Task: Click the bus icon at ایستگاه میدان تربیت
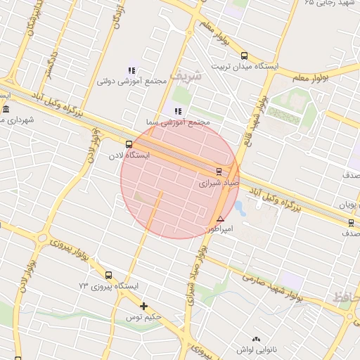pyautogui.click(x=244, y=56)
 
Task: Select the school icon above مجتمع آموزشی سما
pyautogui.click(x=177, y=111)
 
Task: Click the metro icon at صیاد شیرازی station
pyautogui.click(x=219, y=171)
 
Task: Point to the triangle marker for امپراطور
pyautogui.click(x=221, y=219)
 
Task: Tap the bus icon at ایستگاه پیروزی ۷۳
pyautogui.click(x=108, y=275)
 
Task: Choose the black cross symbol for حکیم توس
pyautogui.click(x=144, y=306)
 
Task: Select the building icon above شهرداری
pyautogui.click(x=6, y=108)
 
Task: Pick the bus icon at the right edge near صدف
pyautogui.click(x=351, y=223)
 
